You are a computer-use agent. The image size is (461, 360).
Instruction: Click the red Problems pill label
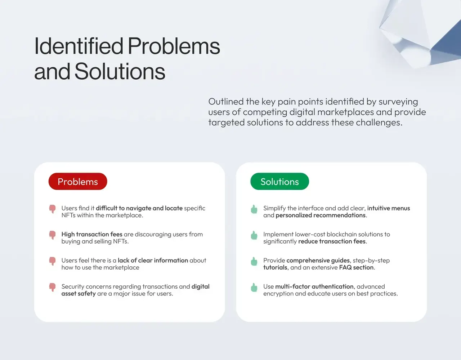click(x=78, y=182)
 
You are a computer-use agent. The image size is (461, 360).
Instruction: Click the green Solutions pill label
click(x=279, y=182)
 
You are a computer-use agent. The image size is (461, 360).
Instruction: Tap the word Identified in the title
click(x=79, y=46)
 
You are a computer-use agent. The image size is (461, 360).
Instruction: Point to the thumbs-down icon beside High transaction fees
click(x=52, y=235)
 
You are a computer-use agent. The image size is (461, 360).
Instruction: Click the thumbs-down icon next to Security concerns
click(x=52, y=288)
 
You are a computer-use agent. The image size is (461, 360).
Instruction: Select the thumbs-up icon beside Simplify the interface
click(x=254, y=209)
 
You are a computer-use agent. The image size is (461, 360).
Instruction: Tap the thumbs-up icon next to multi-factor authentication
click(x=254, y=288)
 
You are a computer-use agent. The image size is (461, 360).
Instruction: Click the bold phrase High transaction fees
click(x=92, y=234)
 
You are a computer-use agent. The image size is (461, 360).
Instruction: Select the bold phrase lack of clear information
click(x=153, y=261)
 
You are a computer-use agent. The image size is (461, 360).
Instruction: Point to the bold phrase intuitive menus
click(x=389, y=208)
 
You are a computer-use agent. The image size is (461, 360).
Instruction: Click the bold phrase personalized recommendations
click(x=321, y=215)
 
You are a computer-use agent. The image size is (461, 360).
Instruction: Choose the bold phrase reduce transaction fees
click(x=332, y=241)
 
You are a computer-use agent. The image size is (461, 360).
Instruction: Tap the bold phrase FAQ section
click(x=357, y=267)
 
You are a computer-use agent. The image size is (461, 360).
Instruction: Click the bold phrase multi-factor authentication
click(x=314, y=286)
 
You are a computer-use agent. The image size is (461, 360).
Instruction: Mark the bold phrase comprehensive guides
click(x=318, y=261)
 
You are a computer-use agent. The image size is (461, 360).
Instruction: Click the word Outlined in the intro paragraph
click(x=226, y=102)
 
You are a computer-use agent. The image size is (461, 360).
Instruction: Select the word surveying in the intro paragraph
click(x=398, y=102)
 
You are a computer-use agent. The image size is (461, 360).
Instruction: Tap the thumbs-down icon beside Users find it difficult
click(x=52, y=209)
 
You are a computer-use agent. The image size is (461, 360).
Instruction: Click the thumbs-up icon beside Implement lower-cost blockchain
click(x=254, y=235)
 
